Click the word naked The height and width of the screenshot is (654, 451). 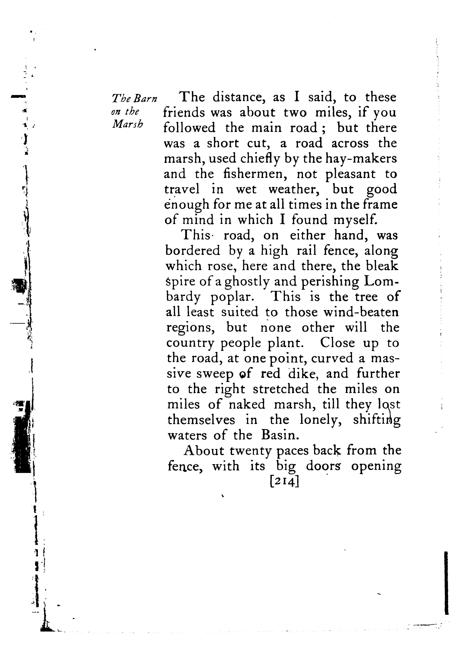[x=247, y=404]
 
